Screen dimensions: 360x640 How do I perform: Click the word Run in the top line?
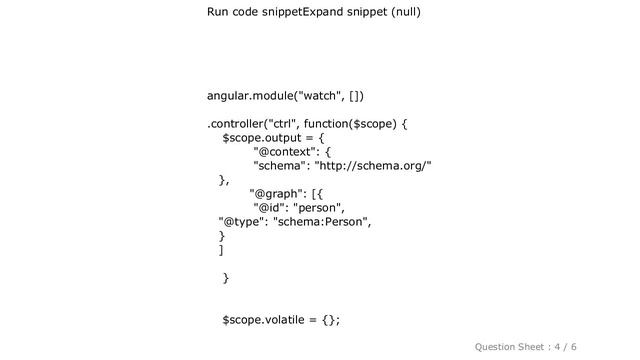click(220, 13)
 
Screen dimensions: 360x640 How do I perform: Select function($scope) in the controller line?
click(361, 125)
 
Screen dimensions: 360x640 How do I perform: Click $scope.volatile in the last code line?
click(263, 319)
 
